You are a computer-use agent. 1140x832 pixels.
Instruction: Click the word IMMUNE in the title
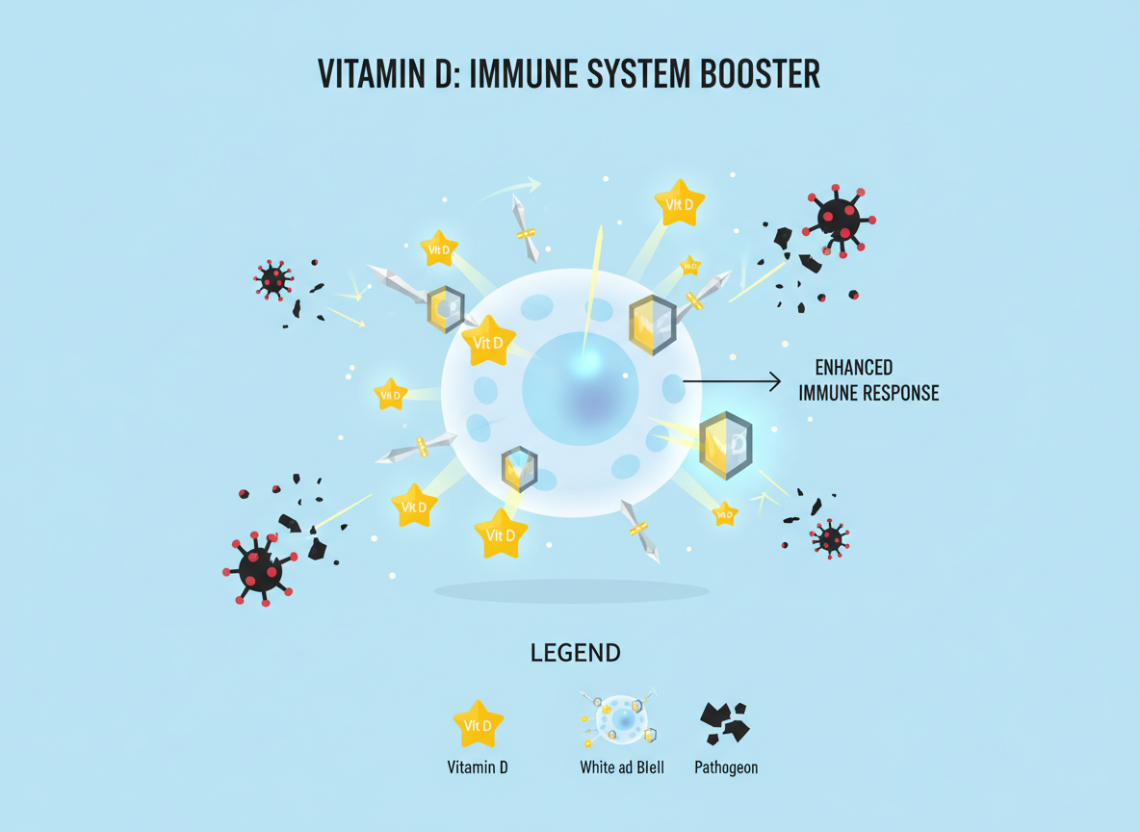coord(537,74)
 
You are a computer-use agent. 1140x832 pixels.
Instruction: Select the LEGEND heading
coord(575,653)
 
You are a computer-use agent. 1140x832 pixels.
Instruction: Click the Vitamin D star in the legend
coord(478,724)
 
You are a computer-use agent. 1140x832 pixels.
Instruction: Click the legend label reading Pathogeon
coord(725,767)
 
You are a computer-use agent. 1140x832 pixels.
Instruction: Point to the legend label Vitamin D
coord(478,767)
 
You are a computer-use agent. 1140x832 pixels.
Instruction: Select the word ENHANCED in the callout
coord(853,368)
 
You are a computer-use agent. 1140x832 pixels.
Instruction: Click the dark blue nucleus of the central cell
coord(580,389)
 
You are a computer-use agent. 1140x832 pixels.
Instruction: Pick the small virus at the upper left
coord(273,279)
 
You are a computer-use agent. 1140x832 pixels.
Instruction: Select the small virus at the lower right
coord(829,537)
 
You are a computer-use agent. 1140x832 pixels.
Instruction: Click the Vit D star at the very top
coord(679,203)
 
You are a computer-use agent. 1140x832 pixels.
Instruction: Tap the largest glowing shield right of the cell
coord(725,445)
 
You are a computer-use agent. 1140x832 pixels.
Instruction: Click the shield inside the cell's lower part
coord(519,469)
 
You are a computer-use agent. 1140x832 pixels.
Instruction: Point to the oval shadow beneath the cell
coord(571,590)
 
